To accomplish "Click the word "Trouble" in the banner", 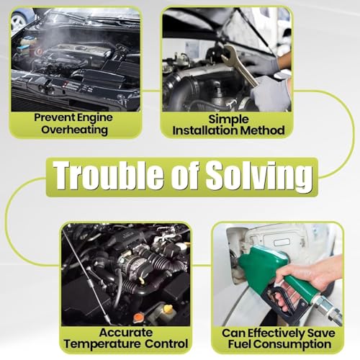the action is (109, 174).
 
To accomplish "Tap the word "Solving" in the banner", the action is (259, 177).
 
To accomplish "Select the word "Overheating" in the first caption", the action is (74, 130).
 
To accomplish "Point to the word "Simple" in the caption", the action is (228, 120).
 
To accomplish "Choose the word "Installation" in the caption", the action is (205, 130).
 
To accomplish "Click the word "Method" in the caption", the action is (262, 130).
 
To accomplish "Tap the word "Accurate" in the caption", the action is (126, 333).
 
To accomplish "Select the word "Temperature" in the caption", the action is (102, 344).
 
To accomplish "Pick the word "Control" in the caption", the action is (166, 343).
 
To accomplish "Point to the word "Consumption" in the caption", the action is (292, 345).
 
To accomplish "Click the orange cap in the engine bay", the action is (138, 318).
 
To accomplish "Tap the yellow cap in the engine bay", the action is (168, 309).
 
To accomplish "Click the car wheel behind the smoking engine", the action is (19, 21).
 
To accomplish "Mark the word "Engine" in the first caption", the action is (94, 118).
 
